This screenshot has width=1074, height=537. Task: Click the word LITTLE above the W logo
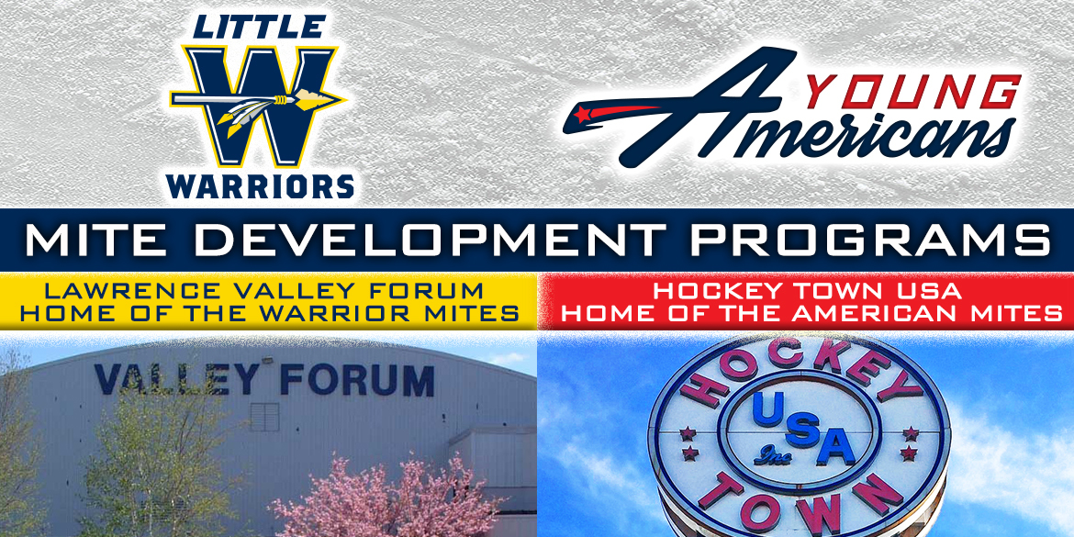259,26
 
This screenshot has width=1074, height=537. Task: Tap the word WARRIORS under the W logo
260,185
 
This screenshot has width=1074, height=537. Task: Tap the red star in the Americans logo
582,113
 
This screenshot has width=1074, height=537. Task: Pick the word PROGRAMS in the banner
870,240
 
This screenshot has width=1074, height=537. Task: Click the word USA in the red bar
924,291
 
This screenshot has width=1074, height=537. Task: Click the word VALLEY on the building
177,379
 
